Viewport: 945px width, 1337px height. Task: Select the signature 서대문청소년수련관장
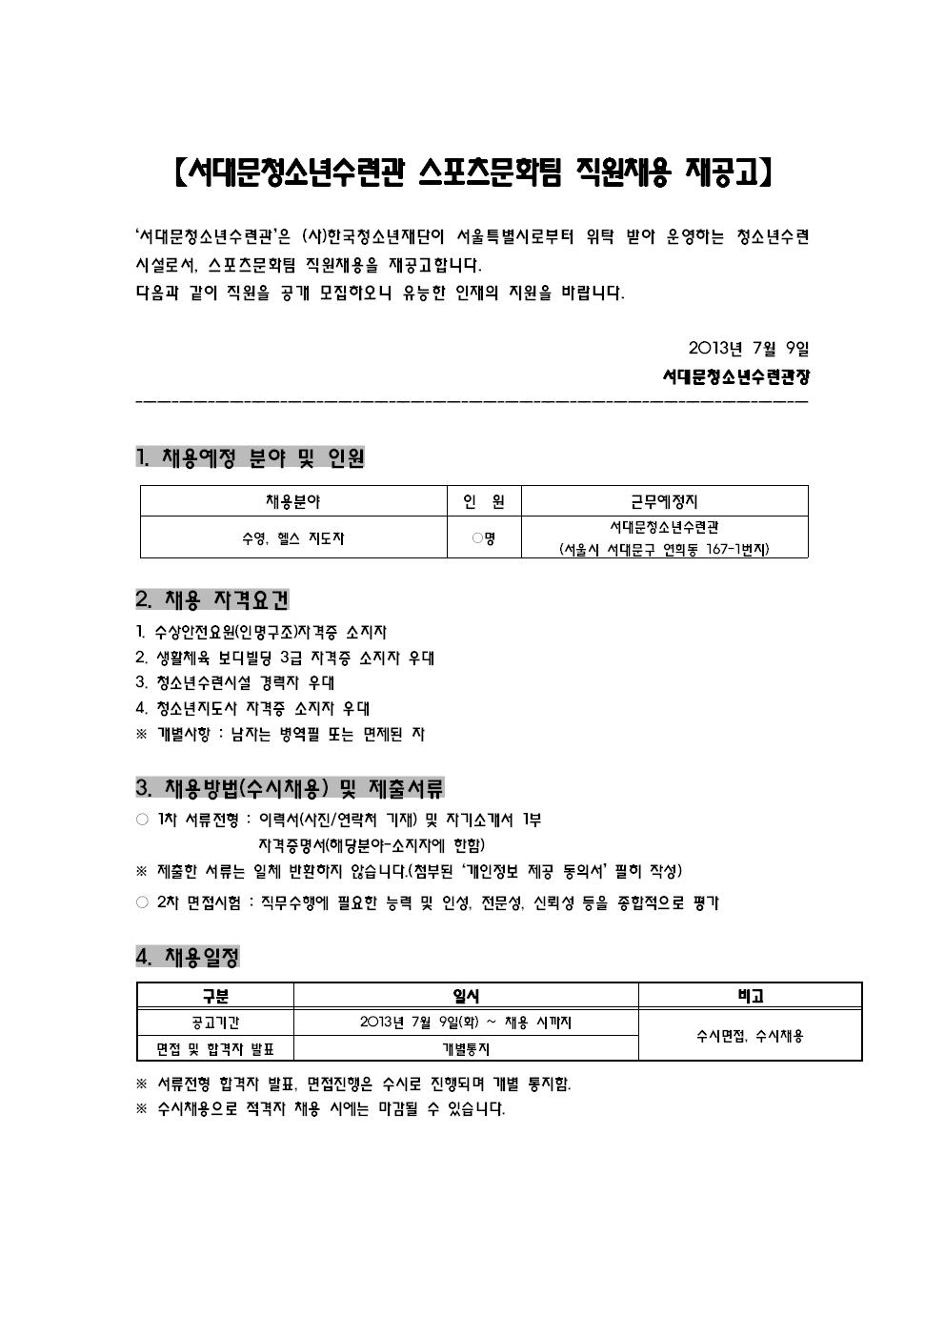tap(736, 376)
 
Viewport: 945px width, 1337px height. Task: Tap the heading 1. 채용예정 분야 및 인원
tap(251, 457)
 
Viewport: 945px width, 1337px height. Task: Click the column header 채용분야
tap(293, 501)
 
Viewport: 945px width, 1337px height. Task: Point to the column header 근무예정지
tap(664, 501)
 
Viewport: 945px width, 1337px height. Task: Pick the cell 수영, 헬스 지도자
tap(293, 538)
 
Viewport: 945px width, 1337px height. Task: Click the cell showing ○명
tap(484, 538)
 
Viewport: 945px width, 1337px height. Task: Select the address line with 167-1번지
tap(664, 550)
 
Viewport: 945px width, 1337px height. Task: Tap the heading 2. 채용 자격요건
tap(212, 600)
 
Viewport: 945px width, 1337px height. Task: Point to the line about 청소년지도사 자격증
tap(253, 708)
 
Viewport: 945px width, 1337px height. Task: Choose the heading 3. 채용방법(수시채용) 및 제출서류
tap(290, 788)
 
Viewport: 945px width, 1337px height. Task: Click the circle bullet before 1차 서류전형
tap(142, 820)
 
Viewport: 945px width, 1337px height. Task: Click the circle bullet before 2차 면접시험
tap(142, 902)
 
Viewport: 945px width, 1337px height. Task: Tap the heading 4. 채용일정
tap(188, 956)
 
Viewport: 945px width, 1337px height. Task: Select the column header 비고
tap(750, 996)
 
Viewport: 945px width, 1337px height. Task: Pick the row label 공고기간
tap(215, 1023)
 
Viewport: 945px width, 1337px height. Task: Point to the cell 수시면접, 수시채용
tap(750, 1036)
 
